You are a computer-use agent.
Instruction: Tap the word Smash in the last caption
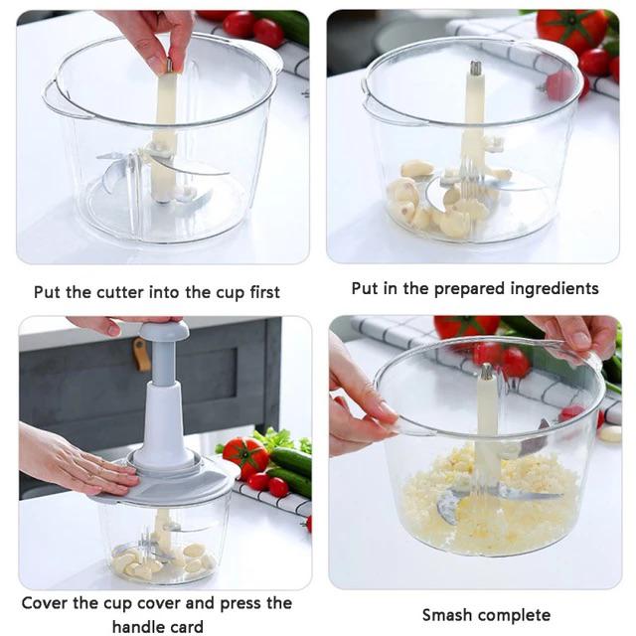447,614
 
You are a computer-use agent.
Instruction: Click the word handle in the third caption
138,626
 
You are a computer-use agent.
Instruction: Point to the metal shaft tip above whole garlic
475,69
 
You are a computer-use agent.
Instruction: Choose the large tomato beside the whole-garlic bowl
570,30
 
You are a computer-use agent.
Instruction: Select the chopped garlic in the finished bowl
477,502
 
